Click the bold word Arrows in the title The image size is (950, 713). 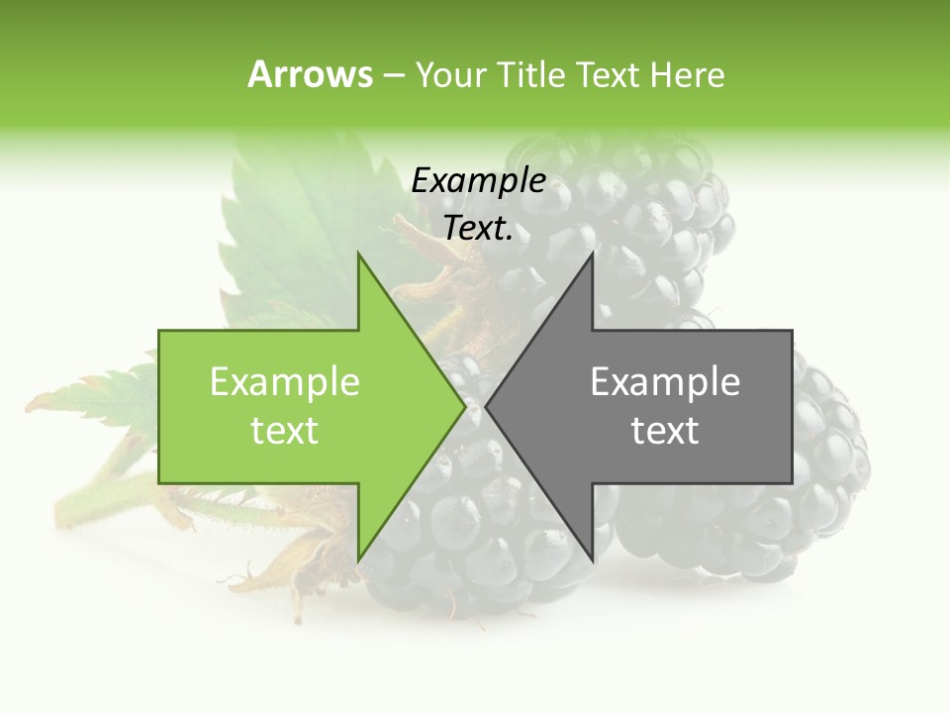pyautogui.click(x=310, y=74)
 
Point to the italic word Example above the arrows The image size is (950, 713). pyautogui.click(x=478, y=181)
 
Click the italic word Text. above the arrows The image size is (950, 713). pyautogui.click(x=478, y=229)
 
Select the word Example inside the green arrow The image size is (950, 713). pyautogui.click(x=285, y=381)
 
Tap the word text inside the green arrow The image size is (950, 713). pyautogui.click(x=285, y=431)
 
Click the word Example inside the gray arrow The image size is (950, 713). pyautogui.click(x=665, y=381)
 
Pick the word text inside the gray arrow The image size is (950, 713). pyautogui.click(x=665, y=431)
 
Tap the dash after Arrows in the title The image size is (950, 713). pyautogui.click(x=393, y=74)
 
